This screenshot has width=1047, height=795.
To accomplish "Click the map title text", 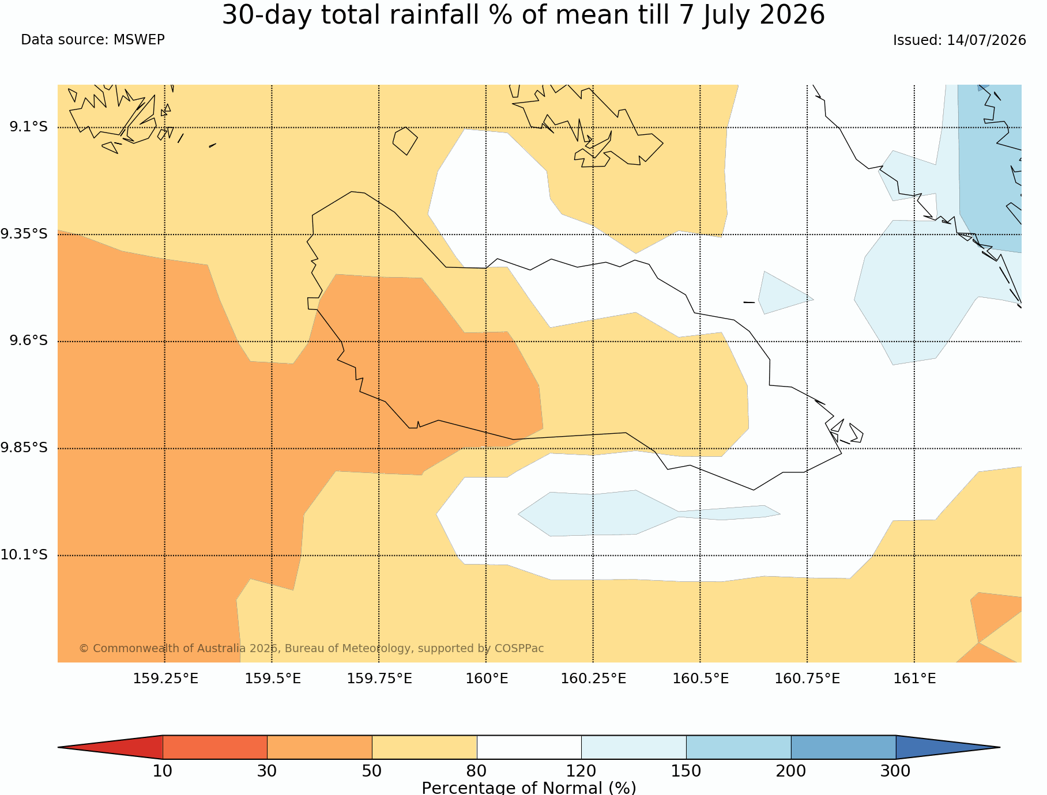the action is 523,15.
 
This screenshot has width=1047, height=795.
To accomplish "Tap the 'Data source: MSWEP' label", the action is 93,40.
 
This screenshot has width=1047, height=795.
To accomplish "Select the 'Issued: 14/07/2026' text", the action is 959,40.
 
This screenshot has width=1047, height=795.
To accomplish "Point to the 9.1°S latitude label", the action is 28,127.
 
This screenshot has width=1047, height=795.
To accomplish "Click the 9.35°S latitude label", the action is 24,234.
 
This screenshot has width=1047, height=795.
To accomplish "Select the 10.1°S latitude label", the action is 24,555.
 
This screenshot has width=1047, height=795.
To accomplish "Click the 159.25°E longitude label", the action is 165,679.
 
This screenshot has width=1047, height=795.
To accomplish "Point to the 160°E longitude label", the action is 487,679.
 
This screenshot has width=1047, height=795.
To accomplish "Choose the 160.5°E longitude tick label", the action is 700,679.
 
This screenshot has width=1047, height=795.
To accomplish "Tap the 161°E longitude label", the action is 914,679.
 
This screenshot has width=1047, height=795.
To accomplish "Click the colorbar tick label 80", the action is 477,771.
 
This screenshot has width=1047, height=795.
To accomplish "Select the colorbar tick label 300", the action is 895,771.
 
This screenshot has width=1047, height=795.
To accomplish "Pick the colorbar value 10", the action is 163,771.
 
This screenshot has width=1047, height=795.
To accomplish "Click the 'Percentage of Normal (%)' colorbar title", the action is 529,788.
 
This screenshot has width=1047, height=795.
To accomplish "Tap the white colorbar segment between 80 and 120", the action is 529,747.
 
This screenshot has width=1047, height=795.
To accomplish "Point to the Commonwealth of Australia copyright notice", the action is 311,649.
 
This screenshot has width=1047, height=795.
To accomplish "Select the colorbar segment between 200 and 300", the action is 843,747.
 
